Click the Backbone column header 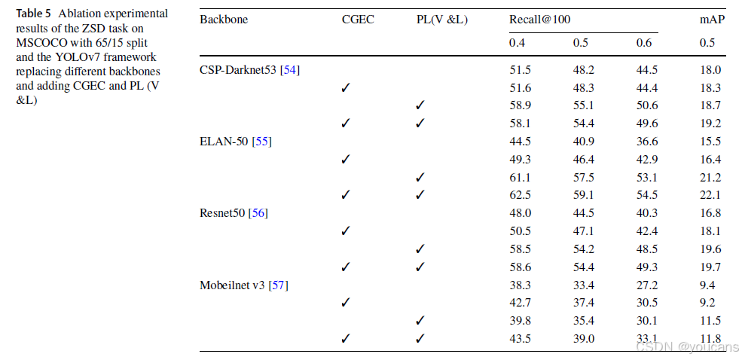coord(224,20)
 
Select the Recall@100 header coord(540,20)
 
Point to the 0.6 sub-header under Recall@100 coord(644,43)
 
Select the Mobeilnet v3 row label coord(232,285)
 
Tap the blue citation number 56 coord(258,213)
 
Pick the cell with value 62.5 coord(519,195)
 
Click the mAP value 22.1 coord(710,195)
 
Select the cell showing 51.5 coord(519,71)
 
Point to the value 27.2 coord(646,285)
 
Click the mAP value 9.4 coord(707,285)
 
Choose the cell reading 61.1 coord(519,178)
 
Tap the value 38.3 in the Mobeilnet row coord(519,285)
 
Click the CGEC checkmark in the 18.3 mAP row coord(346,88)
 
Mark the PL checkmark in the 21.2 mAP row coord(420,178)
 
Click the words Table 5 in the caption coord(33,14)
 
